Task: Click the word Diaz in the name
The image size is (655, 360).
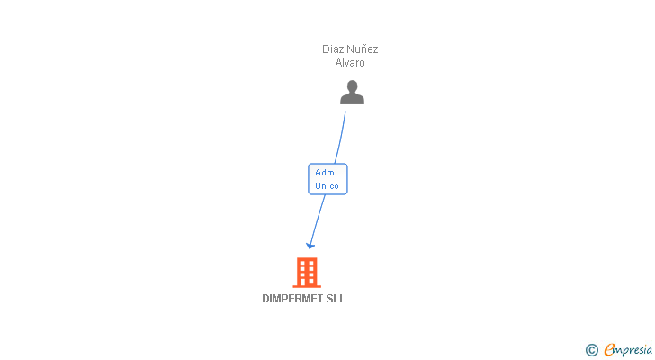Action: [x=334, y=49]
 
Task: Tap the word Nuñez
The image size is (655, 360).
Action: [x=363, y=49]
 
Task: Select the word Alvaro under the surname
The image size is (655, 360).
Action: [x=350, y=63]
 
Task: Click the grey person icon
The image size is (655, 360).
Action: [x=352, y=93]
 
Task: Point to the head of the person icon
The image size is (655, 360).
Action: [x=352, y=86]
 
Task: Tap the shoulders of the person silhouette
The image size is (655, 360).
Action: [x=352, y=99]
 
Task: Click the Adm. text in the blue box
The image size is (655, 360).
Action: [x=326, y=172]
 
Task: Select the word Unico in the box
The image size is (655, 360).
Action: [x=327, y=186]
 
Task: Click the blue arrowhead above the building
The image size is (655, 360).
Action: [x=310, y=244]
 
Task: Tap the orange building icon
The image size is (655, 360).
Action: [x=307, y=273]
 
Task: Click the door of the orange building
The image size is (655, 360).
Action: [x=307, y=282]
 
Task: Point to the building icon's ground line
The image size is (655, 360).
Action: [x=307, y=287]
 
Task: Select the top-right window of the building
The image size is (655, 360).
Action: [x=312, y=263]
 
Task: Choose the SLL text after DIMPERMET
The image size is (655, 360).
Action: [x=336, y=299]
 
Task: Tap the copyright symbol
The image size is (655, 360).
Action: [x=592, y=350]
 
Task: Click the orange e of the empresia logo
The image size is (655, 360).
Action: [x=609, y=350]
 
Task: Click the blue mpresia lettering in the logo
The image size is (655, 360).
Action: [x=633, y=350]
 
